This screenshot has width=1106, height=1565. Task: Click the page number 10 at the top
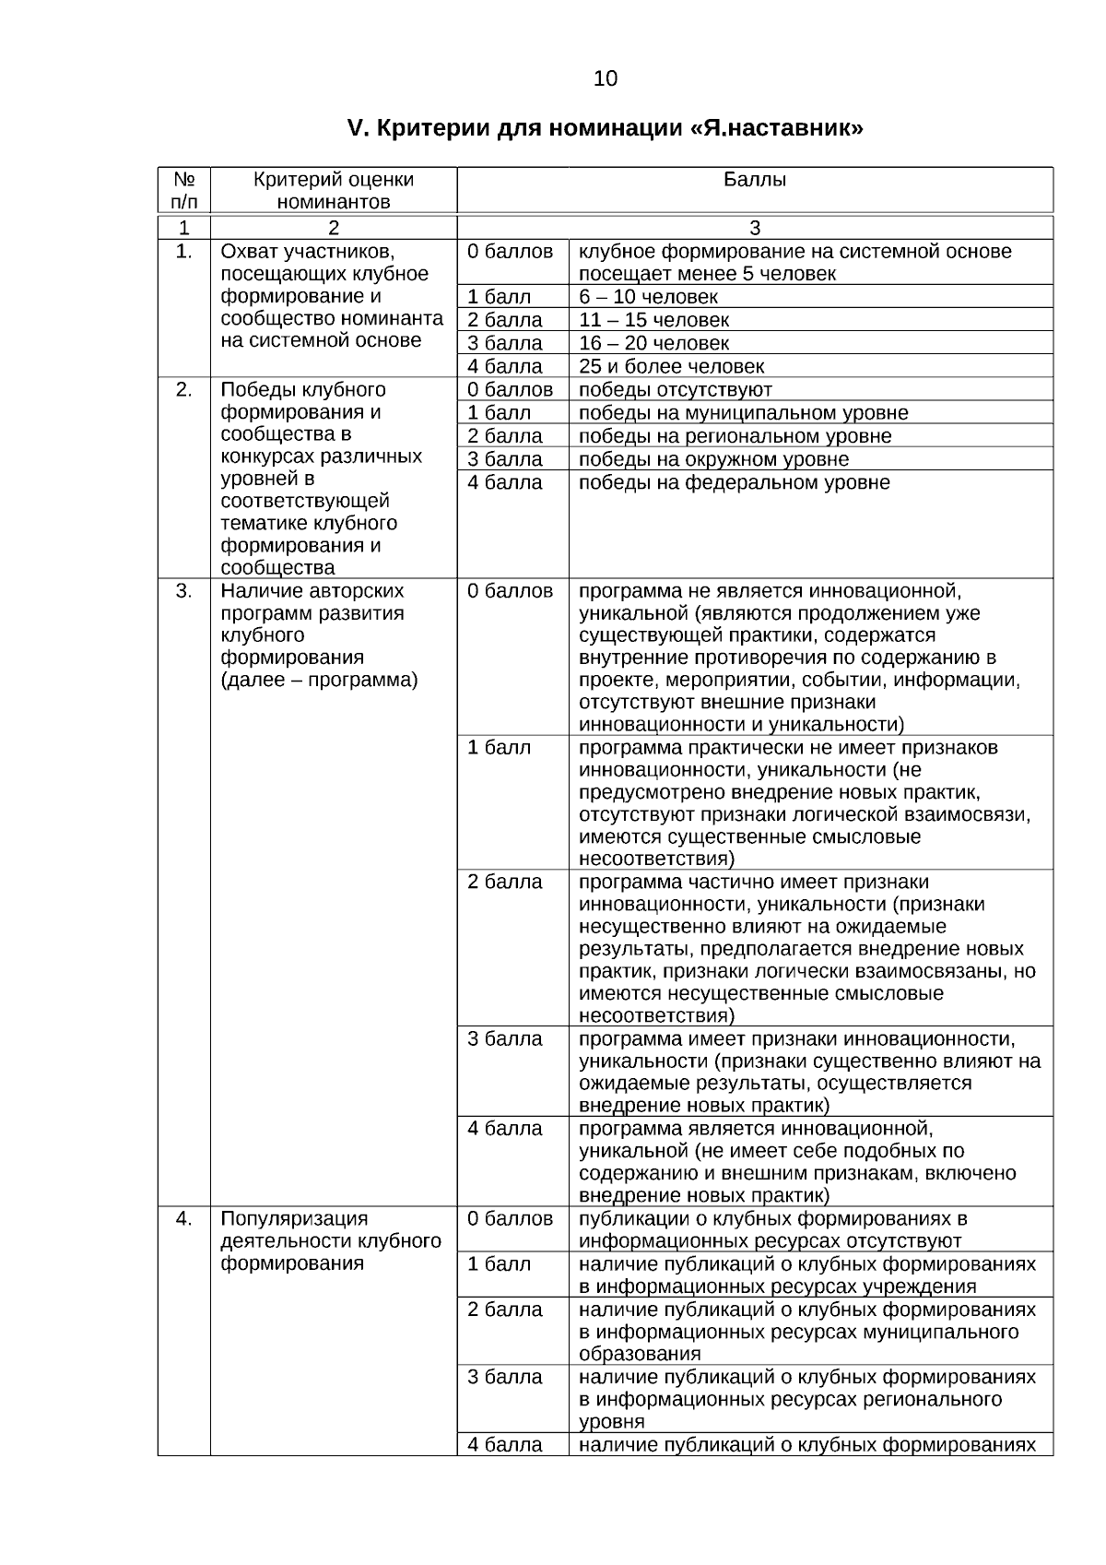(x=606, y=79)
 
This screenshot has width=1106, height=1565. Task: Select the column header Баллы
(x=754, y=180)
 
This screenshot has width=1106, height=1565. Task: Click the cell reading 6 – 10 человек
(x=648, y=297)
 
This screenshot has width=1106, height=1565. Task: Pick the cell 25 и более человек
(x=671, y=366)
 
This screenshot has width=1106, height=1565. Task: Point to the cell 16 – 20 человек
(x=653, y=343)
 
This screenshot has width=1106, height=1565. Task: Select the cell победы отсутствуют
(x=675, y=389)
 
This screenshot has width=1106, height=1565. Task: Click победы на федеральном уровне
(x=734, y=482)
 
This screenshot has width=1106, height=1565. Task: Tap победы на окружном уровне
(x=713, y=459)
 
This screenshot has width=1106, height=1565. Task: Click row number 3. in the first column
(x=183, y=591)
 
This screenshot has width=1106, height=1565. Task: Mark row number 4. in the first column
(x=183, y=1219)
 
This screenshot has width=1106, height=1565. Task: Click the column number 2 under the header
(x=333, y=228)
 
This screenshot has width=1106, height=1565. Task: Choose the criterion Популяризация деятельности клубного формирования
(x=330, y=1241)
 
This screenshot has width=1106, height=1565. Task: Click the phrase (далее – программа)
(x=319, y=681)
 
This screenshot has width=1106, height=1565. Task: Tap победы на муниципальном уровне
(x=743, y=412)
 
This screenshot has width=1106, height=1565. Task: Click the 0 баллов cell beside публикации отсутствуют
(x=510, y=1219)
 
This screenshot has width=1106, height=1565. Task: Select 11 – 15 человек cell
(x=653, y=320)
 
